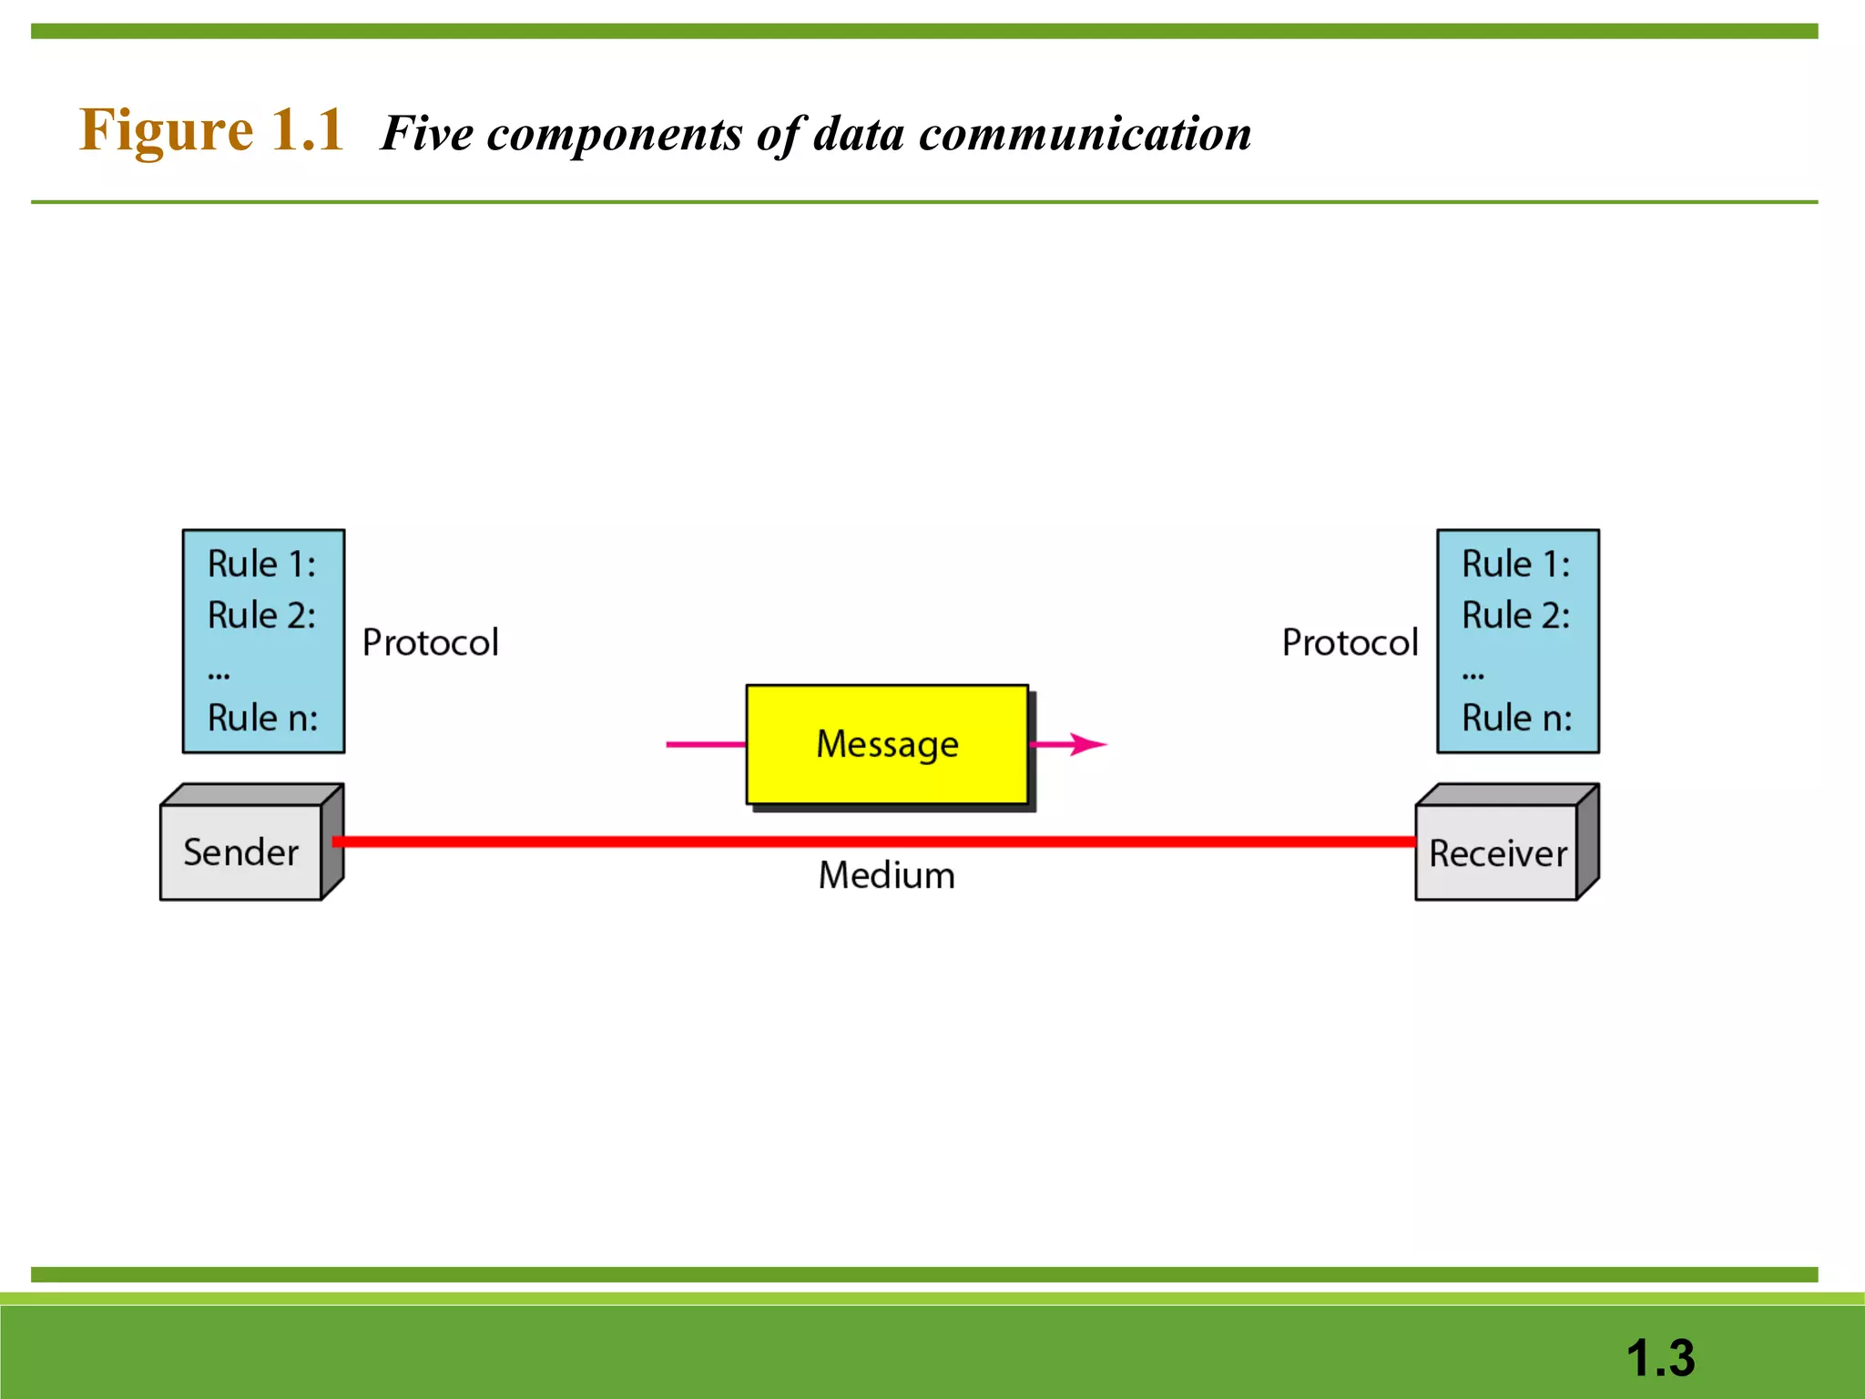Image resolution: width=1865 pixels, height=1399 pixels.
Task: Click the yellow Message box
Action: pyautogui.click(x=887, y=744)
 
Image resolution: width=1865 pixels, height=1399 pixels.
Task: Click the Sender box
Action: pyautogui.click(x=241, y=853)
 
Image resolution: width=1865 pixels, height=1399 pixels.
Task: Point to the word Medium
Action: pyautogui.click(x=886, y=875)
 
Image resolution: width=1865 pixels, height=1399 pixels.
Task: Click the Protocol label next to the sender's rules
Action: pyautogui.click(x=431, y=642)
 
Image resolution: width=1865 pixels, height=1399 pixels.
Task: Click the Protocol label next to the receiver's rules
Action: pyautogui.click(x=1350, y=642)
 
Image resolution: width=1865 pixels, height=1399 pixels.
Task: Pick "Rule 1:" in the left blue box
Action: pyautogui.click(x=262, y=564)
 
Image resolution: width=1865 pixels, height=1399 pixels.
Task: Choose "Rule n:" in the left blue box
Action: pyautogui.click(x=262, y=718)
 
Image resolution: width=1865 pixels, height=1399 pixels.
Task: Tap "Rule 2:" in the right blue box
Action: pyautogui.click(x=1516, y=615)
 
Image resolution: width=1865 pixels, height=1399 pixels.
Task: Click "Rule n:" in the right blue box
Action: pyautogui.click(x=1516, y=718)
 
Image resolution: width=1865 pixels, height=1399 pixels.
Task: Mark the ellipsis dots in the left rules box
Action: pyautogui.click(x=219, y=676)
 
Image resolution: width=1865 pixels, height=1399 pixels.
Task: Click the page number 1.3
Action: pyautogui.click(x=1660, y=1358)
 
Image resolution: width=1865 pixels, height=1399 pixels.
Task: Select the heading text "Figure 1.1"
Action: pyautogui.click(x=211, y=129)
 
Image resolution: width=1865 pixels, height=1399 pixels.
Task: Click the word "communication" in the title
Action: pyautogui.click(x=1085, y=134)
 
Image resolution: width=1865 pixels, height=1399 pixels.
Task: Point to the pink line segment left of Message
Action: pyautogui.click(x=706, y=744)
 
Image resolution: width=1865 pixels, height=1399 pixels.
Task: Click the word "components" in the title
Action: pyautogui.click(x=615, y=134)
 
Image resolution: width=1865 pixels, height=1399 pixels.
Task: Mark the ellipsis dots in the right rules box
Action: pyautogui.click(x=1473, y=676)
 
